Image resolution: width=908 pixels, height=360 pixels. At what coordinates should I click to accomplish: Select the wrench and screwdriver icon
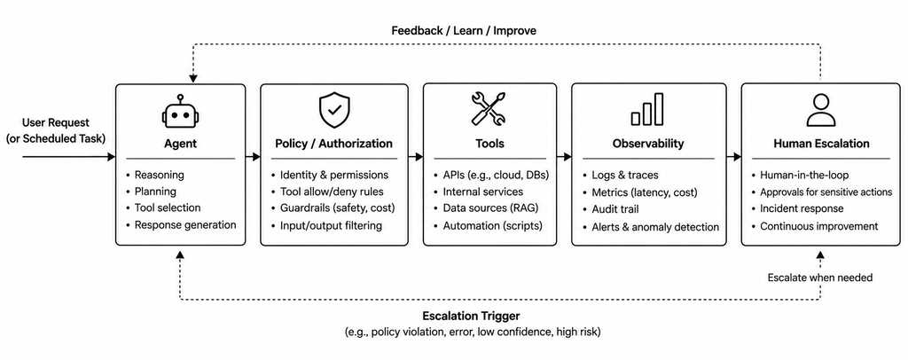[489, 109]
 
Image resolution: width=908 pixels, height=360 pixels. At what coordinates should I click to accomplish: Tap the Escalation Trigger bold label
[471, 316]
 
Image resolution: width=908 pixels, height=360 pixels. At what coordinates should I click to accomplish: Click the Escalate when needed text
[820, 278]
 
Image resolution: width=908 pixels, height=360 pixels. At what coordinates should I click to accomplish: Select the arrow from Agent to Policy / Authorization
[253, 157]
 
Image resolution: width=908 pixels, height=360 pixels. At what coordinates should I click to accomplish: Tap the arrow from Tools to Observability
[564, 157]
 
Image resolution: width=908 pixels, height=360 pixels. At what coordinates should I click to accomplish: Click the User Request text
[56, 122]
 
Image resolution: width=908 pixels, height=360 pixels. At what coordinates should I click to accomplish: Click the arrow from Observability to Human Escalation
[733, 157]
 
